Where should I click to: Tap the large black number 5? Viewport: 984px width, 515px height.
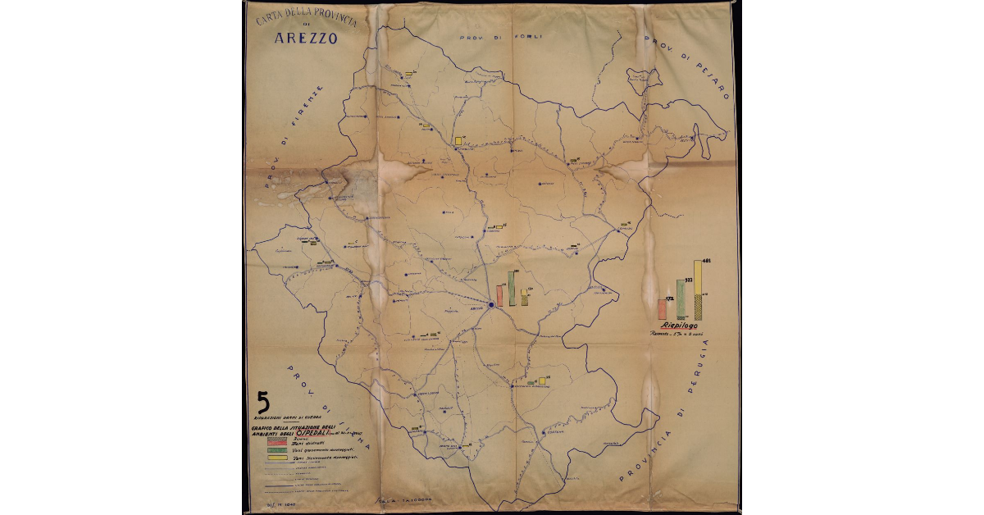coord(263,401)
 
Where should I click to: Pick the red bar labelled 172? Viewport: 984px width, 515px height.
coord(662,309)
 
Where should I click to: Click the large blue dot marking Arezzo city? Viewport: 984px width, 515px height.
coord(490,305)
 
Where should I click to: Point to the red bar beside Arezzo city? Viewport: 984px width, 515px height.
coord(499,295)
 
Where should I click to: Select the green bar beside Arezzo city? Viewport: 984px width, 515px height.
coord(512,289)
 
